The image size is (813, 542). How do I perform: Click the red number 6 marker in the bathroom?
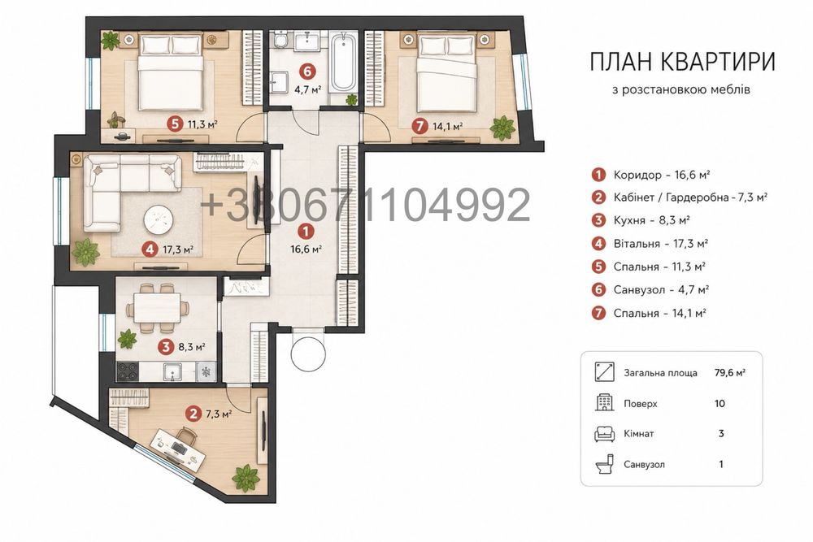pos(308,70)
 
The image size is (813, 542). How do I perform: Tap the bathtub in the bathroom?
pos(343,63)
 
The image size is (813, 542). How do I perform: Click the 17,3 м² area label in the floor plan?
pos(178,249)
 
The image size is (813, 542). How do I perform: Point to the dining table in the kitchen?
pos(158,308)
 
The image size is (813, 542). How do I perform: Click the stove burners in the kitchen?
pos(128,371)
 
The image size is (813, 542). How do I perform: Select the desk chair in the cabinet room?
pos(187,436)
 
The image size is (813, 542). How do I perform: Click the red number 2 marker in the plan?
pos(194,414)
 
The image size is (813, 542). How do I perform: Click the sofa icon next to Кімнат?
pos(604,434)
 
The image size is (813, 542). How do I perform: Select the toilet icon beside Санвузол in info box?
pos(605,464)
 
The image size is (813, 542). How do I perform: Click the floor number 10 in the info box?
pos(720,404)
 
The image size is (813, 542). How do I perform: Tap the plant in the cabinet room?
pos(246,478)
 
